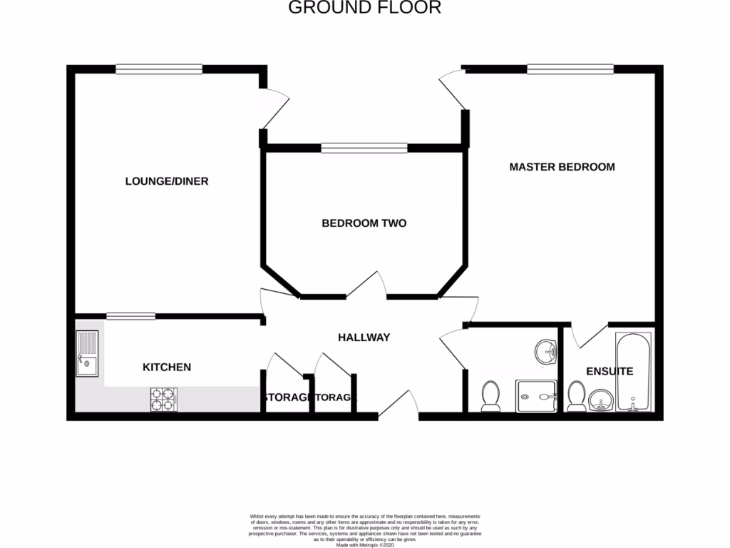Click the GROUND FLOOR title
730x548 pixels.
click(364, 8)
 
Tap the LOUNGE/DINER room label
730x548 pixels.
click(167, 181)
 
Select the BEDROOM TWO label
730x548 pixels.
click(364, 223)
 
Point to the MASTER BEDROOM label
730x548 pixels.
click(562, 167)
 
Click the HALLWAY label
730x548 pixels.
click(364, 338)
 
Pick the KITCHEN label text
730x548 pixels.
click(167, 367)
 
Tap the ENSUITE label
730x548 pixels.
click(609, 372)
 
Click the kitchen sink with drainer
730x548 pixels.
click(88, 354)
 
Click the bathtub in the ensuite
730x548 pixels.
click(634, 372)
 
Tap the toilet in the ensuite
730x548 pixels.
click(576, 397)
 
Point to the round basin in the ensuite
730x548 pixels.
click(600, 401)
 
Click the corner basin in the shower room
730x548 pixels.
click(547, 351)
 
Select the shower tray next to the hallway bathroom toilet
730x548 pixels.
click(536, 395)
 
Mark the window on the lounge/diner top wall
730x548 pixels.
click(159, 69)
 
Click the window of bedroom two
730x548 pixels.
click(364, 148)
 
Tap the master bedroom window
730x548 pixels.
click(570, 69)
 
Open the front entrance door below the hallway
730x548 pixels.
click(399, 405)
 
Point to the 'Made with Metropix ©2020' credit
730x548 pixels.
click(364, 544)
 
